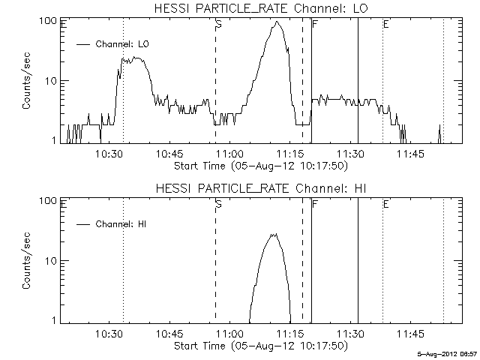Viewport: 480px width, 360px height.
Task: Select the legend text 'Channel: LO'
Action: click(122, 44)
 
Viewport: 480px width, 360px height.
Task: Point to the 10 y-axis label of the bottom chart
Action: click(52, 261)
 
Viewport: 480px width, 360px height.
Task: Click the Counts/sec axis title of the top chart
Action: click(26, 81)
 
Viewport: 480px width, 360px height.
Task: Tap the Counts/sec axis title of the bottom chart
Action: click(26, 261)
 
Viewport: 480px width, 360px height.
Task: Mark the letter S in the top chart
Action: click(218, 25)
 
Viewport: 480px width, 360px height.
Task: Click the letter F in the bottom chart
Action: click(314, 204)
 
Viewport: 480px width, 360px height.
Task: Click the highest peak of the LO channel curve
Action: click(278, 22)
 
